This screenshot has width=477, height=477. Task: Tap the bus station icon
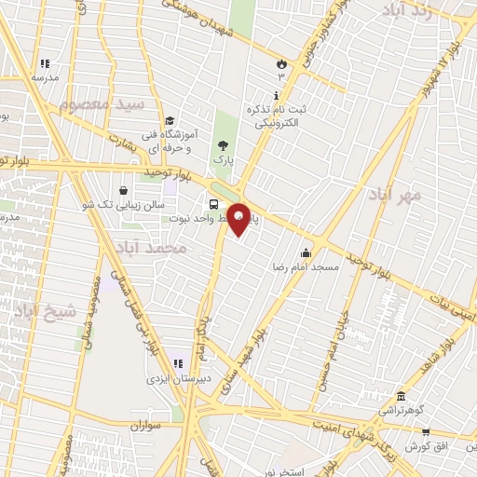[215, 204]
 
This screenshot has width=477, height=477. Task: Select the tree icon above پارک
[222, 145]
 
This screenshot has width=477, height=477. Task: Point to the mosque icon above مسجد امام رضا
[306, 252]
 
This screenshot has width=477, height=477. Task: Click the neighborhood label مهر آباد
[395, 195]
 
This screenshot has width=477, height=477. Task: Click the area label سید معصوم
[102, 104]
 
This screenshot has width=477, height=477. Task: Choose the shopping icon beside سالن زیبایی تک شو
[123, 190]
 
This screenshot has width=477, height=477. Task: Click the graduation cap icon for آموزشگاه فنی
[170, 121]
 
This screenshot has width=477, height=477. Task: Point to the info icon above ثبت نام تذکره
[276, 96]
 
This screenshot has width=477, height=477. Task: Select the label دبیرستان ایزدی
[173, 379]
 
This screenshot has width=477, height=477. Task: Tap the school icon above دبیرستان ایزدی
[177, 364]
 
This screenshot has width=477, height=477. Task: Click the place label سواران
[140, 425]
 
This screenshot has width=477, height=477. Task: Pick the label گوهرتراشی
[400, 410]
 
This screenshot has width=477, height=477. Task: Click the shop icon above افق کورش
[426, 432]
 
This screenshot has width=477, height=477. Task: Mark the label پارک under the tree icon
[222, 160]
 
